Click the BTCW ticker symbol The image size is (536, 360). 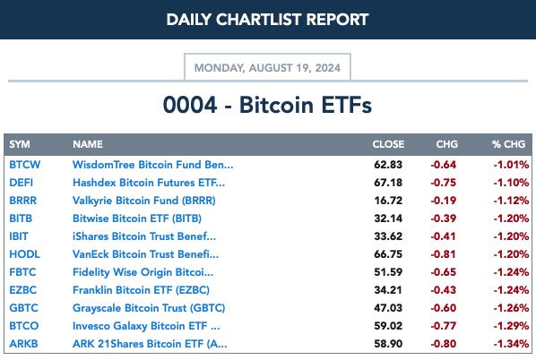(24, 165)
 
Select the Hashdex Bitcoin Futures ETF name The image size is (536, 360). (149, 183)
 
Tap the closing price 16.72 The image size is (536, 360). (388, 201)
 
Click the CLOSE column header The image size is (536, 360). (388, 144)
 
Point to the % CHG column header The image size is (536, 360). (508, 144)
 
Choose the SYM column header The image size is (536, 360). (20, 144)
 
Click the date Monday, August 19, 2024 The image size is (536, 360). (267, 68)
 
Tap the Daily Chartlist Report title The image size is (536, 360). (267, 20)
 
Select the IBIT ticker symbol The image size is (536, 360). (19, 236)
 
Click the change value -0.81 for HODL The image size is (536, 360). (443, 254)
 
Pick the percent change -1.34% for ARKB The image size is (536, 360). (511, 344)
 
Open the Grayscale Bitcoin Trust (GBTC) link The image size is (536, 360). (149, 308)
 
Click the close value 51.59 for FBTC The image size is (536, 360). (388, 272)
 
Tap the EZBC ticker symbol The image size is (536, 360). (22, 290)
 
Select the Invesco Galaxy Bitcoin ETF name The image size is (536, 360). (146, 326)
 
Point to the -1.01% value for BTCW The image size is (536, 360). (511, 165)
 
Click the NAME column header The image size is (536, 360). (88, 144)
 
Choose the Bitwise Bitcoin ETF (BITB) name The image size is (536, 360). (137, 219)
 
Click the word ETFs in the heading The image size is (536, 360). (346, 105)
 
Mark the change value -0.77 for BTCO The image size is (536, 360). (443, 326)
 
